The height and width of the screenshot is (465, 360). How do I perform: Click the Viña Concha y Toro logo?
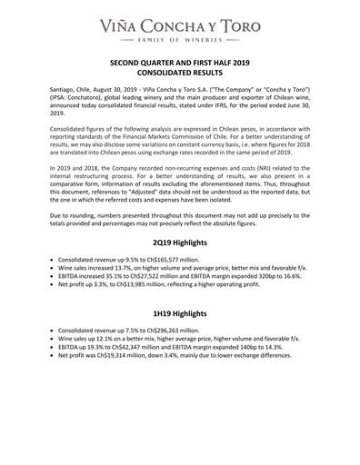[x=180, y=19]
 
